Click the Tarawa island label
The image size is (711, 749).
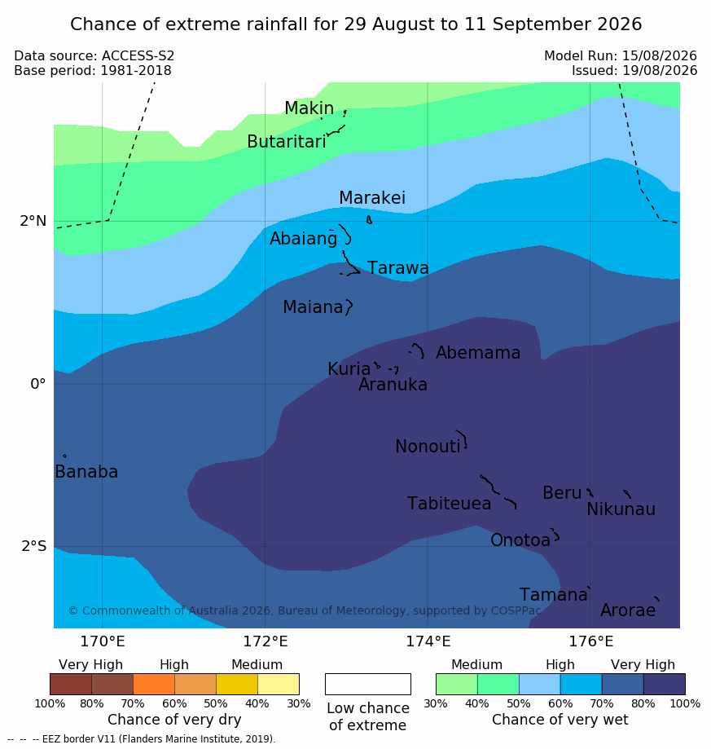tap(397, 268)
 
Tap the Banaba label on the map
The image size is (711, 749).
tap(86, 471)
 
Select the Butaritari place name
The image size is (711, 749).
tap(287, 141)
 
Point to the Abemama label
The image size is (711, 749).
tap(478, 353)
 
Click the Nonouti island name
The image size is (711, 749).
tap(428, 446)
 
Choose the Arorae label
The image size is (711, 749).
tap(628, 610)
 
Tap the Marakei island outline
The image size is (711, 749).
tap(369, 220)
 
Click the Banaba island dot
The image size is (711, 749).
tap(64, 456)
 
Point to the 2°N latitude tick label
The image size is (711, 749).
tap(33, 221)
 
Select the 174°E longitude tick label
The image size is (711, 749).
tap(428, 641)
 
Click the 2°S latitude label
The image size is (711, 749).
tap(34, 546)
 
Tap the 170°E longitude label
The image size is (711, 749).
tap(103, 641)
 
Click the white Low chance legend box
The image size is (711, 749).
tap(368, 684)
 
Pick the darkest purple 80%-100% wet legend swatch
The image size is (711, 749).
tap(665, 684)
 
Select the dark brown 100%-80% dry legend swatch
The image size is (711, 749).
tap(71, 684)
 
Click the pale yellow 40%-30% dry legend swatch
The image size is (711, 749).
tap(279, 684)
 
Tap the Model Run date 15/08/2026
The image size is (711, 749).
tap(660, 56)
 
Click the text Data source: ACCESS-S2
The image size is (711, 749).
tap(94, 56)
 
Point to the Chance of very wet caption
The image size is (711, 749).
tap(560, 720)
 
